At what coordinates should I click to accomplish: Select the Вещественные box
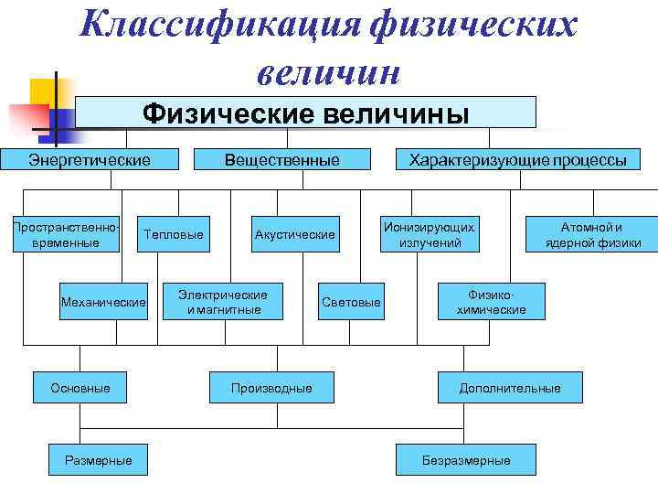point(282,160)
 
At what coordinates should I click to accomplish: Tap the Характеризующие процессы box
point(517,160)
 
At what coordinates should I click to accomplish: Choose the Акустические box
point(294,235)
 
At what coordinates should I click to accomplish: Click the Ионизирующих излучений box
point(429,234)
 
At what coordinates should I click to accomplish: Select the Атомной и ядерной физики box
point(591,234)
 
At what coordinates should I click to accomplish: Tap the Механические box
point(102,302)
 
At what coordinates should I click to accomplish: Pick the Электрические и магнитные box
point(223,302)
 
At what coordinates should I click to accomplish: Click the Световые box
point(351,302)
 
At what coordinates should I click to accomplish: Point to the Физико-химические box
point(491,302)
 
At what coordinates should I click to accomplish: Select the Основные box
point(80,388)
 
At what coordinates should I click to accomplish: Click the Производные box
point(271,388)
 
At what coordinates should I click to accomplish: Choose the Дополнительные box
point(510,388)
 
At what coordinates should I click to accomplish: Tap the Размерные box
point(98,460)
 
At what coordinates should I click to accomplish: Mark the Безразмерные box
point(465,460)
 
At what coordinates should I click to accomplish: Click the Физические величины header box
point(305,113)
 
